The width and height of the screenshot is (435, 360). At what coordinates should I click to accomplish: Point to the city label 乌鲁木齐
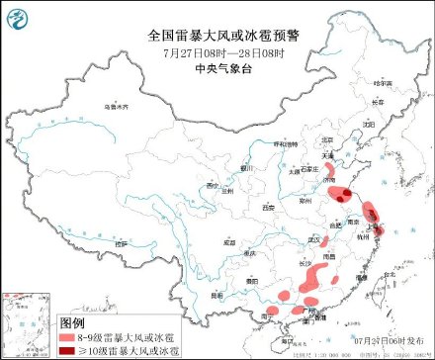(x=116, y=106)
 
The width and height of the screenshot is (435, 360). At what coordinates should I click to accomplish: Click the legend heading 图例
(x=73, y=322)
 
